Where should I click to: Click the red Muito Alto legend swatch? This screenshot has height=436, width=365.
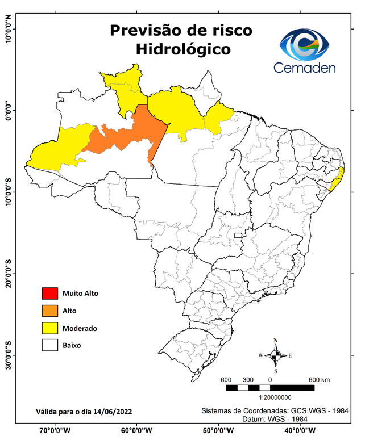pyautogui.click(x=49, y=294)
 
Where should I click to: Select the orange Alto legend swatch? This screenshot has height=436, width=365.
pyautogui.click(x=49, y=311)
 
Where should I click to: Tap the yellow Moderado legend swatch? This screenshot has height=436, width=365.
pyautogui.click(x=49, y=328)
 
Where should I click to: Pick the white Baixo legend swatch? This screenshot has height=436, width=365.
pyautogui.click(x=49, y=345)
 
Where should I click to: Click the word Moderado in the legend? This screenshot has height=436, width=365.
pyautogui.click(x=80, y=328)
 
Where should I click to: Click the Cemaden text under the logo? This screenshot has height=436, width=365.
pyautogui.click(x=305, y=68)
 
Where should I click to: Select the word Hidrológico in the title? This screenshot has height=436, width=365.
pyautogui.click(x=183, y=49)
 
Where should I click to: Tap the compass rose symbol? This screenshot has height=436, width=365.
pyautogui.click(x=275, y=355)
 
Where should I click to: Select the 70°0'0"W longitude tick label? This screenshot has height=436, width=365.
pyautogui.click(x=55, y=430)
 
